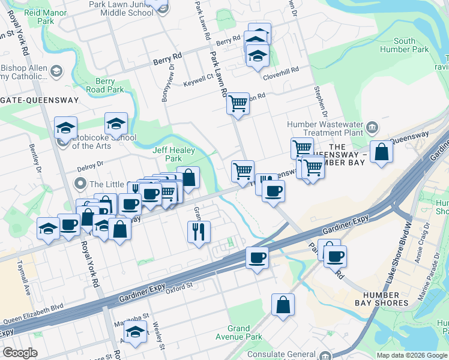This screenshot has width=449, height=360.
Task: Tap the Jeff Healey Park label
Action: click(x=166, y=154)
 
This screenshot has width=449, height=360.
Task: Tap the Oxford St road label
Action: click(x=178, y=286)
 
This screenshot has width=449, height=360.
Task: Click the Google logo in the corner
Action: click(x=19, y=353)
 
